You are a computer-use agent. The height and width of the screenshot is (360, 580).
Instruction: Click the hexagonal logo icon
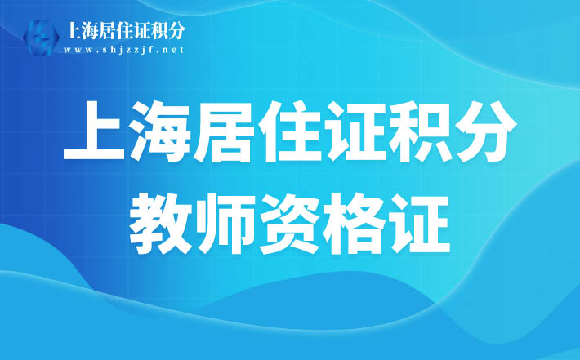pos(41,37)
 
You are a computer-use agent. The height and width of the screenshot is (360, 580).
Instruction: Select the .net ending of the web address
pos(172,50)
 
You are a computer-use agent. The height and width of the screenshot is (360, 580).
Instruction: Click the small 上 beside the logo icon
pos(73,30)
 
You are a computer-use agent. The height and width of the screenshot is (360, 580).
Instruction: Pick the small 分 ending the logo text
pos(176,30)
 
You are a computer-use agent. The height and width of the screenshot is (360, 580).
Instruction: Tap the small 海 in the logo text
pos(90,30)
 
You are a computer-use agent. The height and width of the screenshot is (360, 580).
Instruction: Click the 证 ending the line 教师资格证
pos(419,224)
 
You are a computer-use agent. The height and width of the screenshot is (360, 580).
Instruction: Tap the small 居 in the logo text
pos(107,30)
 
